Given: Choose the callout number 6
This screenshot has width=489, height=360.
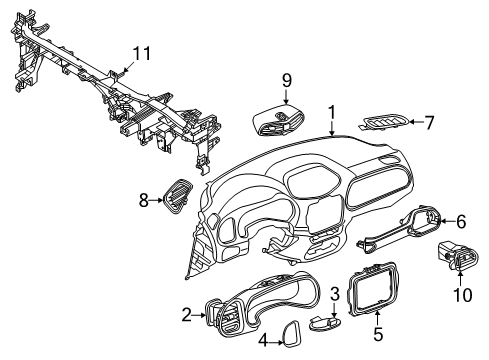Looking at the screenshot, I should coord(461,221).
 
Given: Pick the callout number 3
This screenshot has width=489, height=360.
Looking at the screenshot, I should coord(335,292).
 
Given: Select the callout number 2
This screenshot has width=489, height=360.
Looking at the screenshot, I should coord(186,314).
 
